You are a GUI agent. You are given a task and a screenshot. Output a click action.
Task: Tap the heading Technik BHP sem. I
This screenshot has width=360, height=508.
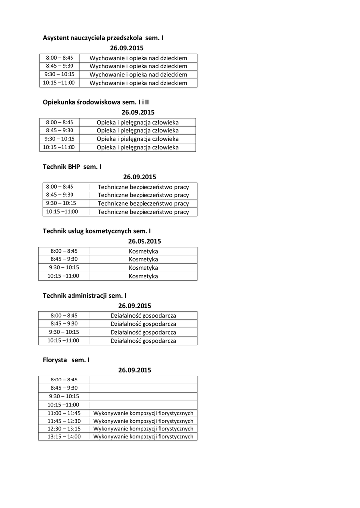point(72,167)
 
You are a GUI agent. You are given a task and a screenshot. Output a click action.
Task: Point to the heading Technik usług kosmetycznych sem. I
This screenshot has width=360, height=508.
point(97,231)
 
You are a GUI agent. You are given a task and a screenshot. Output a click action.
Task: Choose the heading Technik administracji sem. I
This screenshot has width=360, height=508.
point(84,295)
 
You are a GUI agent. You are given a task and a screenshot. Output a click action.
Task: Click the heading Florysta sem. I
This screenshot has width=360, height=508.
point(66,360)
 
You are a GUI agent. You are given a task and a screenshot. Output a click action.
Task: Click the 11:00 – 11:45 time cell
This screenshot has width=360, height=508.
point(64,413)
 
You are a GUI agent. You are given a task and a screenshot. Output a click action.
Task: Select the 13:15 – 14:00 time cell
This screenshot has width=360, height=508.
point(64,437)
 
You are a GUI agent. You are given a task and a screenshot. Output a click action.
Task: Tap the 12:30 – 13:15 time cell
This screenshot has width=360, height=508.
point(64,429)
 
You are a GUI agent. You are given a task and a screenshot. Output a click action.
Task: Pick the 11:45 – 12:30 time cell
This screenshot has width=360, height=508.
point(64,421)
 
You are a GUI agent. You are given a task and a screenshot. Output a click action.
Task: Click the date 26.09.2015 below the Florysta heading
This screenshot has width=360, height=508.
point(135,370)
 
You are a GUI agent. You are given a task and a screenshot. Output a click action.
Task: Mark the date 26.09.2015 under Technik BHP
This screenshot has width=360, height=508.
point(140,177)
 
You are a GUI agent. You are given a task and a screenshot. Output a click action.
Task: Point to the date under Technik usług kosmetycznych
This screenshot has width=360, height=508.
point(144,241)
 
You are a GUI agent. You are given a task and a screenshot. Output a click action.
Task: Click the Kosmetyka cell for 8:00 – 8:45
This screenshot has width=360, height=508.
point(144,251)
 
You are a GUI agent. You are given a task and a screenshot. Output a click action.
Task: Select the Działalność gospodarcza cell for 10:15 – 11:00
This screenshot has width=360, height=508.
point(144,341)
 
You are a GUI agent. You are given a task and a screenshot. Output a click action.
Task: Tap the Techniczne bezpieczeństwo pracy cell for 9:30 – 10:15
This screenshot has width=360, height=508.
point(144,203)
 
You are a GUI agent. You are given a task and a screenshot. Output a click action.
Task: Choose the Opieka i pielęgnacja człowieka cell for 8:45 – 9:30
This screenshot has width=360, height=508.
point(138,130)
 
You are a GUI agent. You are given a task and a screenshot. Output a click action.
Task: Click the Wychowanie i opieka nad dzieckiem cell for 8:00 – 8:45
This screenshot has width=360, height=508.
point(139,58)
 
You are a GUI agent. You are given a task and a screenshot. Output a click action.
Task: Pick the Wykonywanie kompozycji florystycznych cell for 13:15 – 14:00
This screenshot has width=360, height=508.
point(144,437)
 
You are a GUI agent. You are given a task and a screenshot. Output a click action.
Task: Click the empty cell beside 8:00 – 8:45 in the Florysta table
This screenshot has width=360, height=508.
point(144,380)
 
